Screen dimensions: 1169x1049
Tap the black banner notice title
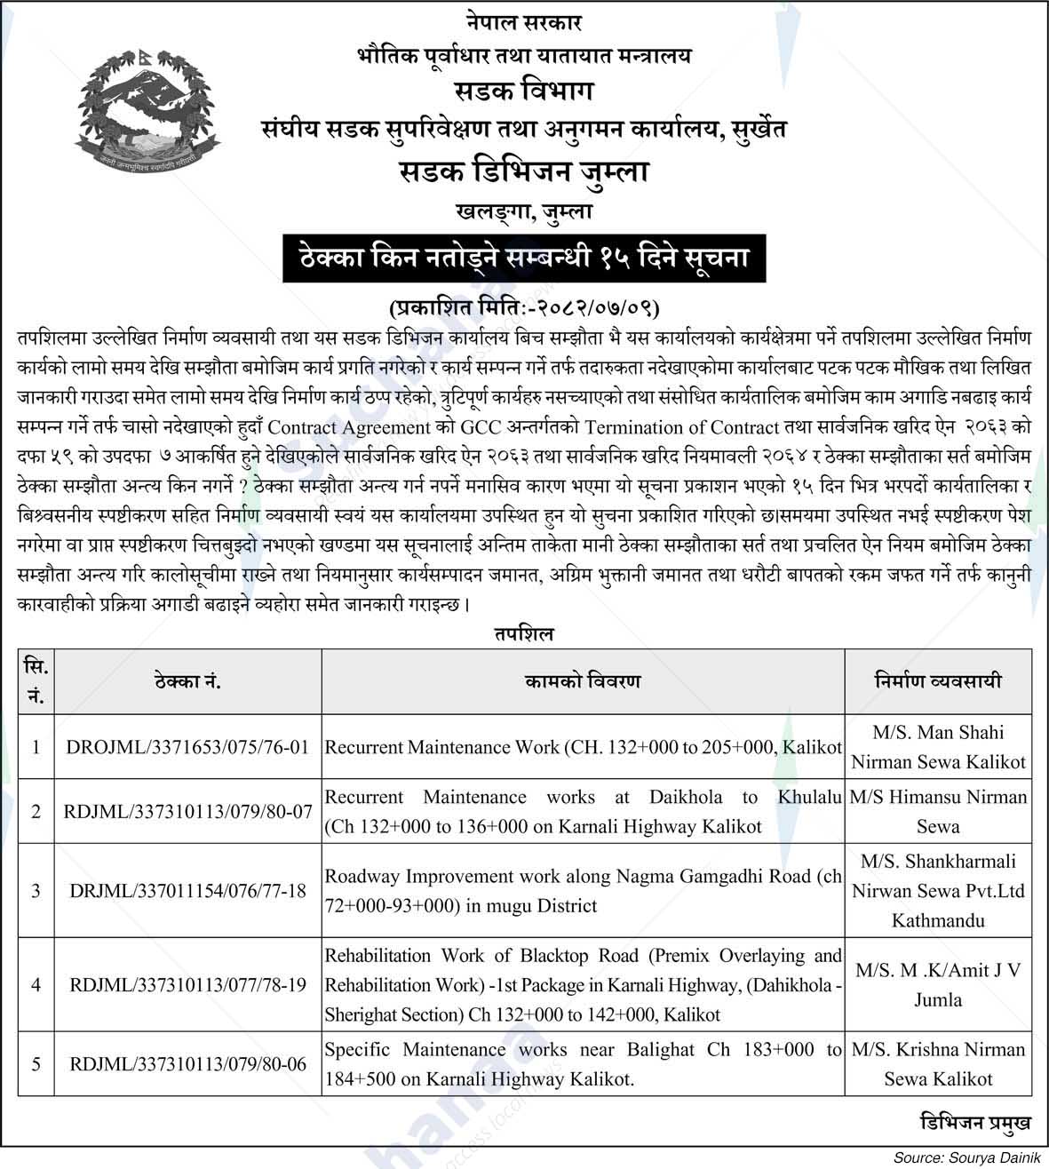[524, 258]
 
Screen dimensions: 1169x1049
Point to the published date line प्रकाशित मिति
[524, 308]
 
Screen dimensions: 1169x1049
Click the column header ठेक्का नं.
[187, 681]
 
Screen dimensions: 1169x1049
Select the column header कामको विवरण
[583, 681]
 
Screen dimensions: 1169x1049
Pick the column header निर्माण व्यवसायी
[938, 681]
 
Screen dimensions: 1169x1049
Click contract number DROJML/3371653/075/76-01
[187, 747]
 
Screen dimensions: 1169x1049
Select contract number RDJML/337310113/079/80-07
[187, 811]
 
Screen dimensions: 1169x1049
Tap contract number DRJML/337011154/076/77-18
[187, 890]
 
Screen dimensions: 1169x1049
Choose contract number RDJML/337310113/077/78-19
[187, 984]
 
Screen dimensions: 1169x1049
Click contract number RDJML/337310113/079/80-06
[187, 1063]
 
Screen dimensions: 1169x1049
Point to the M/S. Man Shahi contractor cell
[938, 747]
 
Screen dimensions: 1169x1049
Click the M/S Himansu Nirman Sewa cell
[938, 811]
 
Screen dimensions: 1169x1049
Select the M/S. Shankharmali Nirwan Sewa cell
[938, 890]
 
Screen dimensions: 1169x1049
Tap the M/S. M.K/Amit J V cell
[938, 984]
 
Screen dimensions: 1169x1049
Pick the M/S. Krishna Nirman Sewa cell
[938, 1063]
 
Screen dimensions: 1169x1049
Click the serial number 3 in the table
[36, 890]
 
